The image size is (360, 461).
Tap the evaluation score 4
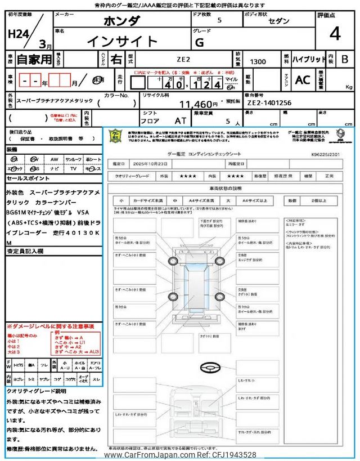pos(335,34)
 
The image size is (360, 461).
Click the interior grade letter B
pos(345,59)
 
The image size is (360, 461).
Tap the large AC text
pos(303,80)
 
